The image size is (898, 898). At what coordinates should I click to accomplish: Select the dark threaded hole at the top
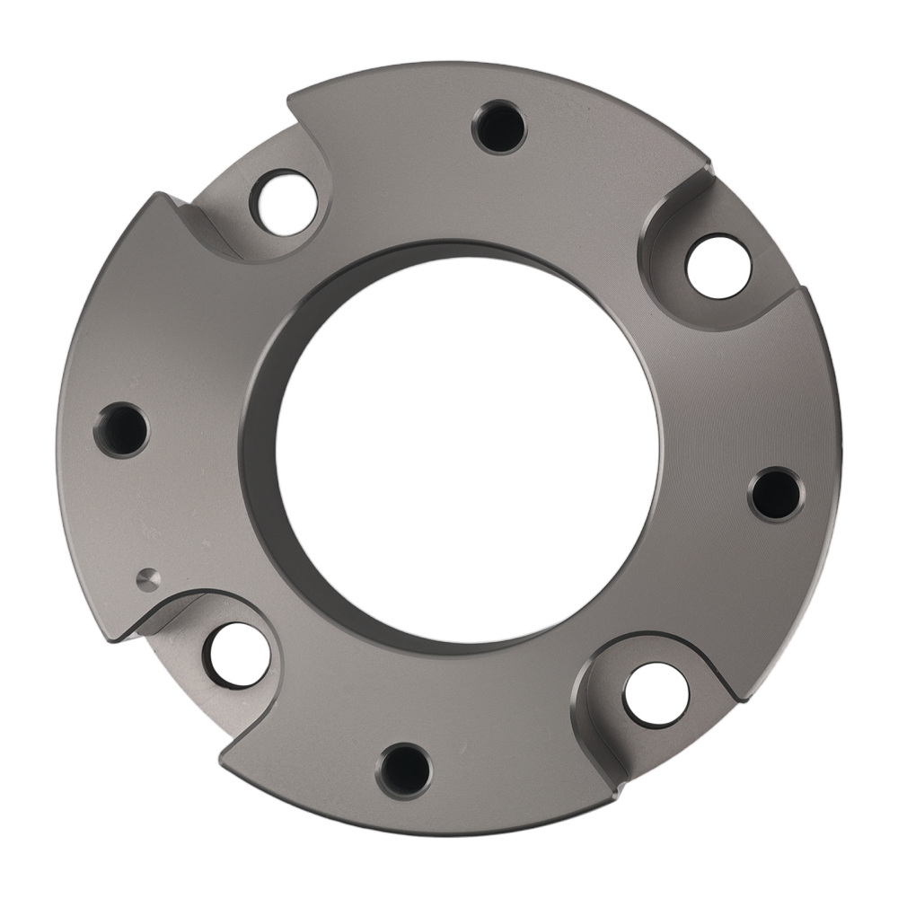pyautogui.click(x=499, y=128)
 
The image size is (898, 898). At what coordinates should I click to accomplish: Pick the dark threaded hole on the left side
pyautogui.click(x=122, y=429)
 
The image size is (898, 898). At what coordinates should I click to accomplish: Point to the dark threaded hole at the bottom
pyautogui.click(x=404, y=770)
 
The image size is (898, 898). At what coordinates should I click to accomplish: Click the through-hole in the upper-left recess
pyautogui.click(x=284, y=201)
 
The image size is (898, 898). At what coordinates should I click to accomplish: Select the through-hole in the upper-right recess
pyautogui.click(x=718, y=266)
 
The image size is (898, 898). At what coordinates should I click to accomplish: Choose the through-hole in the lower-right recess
pyautogui.click(x=656, y=694)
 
